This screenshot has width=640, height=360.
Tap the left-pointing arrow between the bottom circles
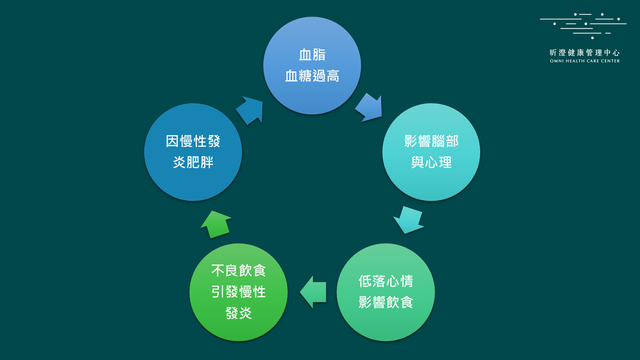[314, 292]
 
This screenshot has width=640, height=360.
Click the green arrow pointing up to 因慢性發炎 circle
[216, 224]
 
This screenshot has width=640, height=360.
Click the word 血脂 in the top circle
[312, 55]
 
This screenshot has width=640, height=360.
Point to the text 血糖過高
[312, 76]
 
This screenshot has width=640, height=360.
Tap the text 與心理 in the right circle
[431, 162]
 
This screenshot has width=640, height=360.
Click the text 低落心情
[386, 281]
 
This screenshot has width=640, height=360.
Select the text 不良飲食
[238, 270]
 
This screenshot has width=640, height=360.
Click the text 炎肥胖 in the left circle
[193, 162]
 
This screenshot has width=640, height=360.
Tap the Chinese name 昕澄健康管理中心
[585, 52]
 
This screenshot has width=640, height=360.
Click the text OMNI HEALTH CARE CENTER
[585, 61]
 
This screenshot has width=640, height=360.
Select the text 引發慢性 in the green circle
[238, 292]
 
